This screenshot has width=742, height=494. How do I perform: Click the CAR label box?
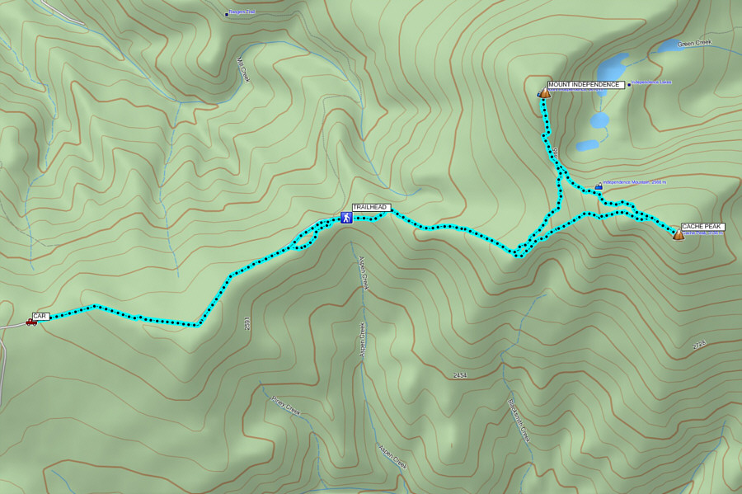coord(40,316)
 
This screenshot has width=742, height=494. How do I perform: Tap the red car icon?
coord(31,322)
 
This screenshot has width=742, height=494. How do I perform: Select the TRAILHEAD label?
coord(370,207)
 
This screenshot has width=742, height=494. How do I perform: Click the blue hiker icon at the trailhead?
coord(346,218)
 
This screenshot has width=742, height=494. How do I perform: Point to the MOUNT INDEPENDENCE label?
coord(584,85)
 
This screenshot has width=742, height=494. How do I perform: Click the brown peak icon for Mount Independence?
coord(545,93)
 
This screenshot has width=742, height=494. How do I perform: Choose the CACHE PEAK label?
coord(702,226)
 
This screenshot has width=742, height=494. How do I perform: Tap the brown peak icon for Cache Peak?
coord(679,234)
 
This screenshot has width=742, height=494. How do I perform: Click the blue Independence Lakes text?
coord(652,82)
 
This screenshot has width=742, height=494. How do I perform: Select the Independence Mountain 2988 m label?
coord(634,182)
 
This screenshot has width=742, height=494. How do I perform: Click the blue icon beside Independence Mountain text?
coord(598,186)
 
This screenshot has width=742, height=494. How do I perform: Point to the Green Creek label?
coord(693,43)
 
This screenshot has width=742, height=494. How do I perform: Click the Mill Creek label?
coord(242,70)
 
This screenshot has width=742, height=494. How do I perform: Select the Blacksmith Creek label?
coord(518,416)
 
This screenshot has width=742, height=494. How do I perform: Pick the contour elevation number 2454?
coord(460,375)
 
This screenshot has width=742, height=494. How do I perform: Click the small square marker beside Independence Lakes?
coord(629,84)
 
